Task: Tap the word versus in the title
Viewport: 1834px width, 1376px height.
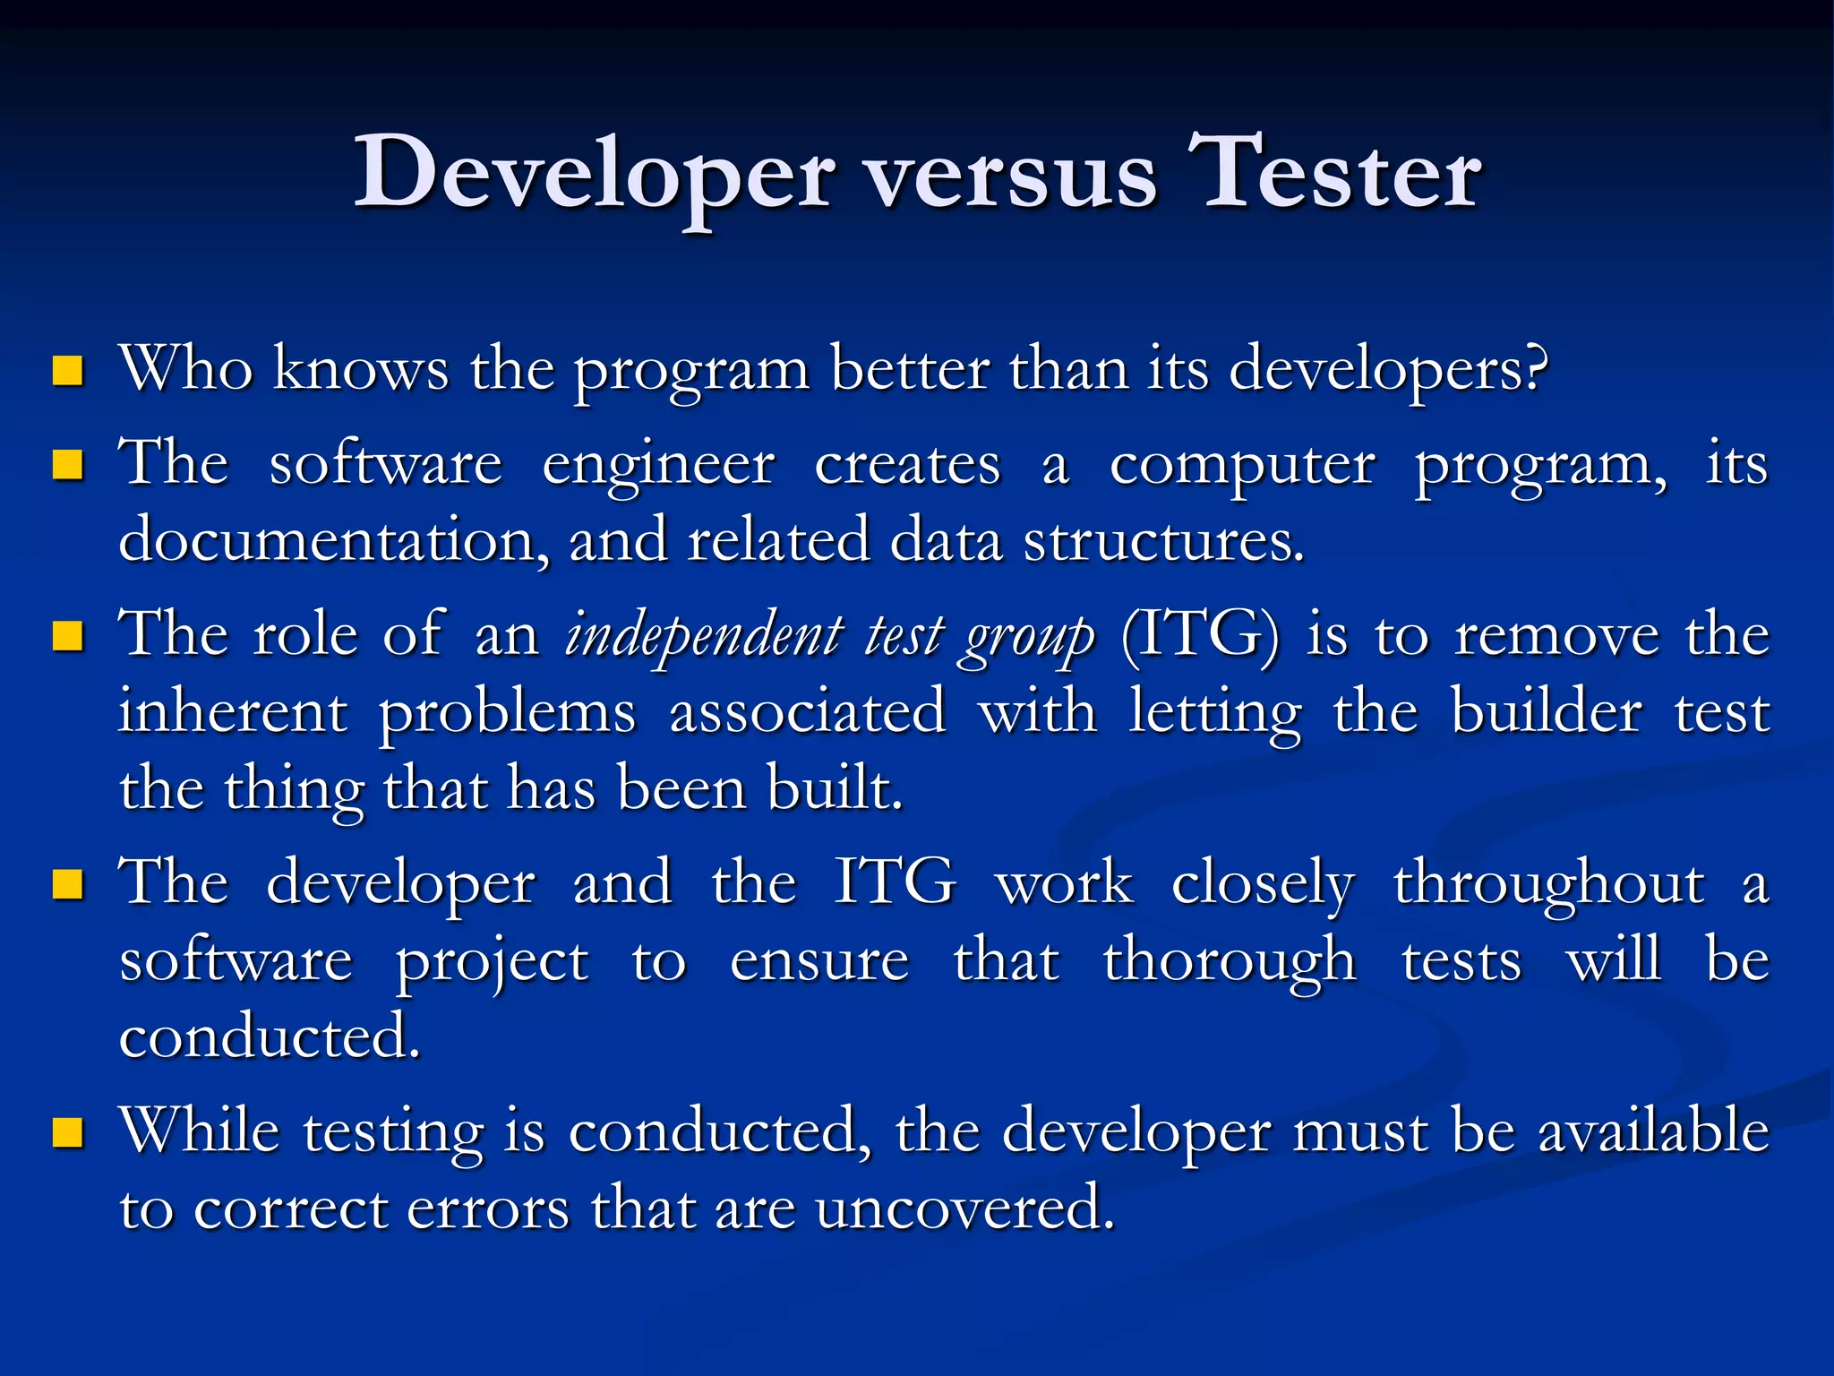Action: (1011, 179)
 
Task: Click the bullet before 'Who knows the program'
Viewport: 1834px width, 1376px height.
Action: (68, 370)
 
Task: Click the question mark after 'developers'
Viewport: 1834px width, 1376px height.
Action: (1534, 368)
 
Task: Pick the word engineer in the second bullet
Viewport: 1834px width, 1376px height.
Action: (658, 467)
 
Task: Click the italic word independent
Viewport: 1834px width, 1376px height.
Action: (703, 636)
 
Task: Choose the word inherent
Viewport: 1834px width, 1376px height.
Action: (233, 713)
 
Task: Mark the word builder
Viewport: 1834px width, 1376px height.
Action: (1547, 713)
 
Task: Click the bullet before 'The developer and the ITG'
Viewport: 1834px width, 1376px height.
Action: (68, 884)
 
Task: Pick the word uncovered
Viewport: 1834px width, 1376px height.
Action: (964, 1208)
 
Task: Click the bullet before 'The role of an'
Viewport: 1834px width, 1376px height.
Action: (68, 637)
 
